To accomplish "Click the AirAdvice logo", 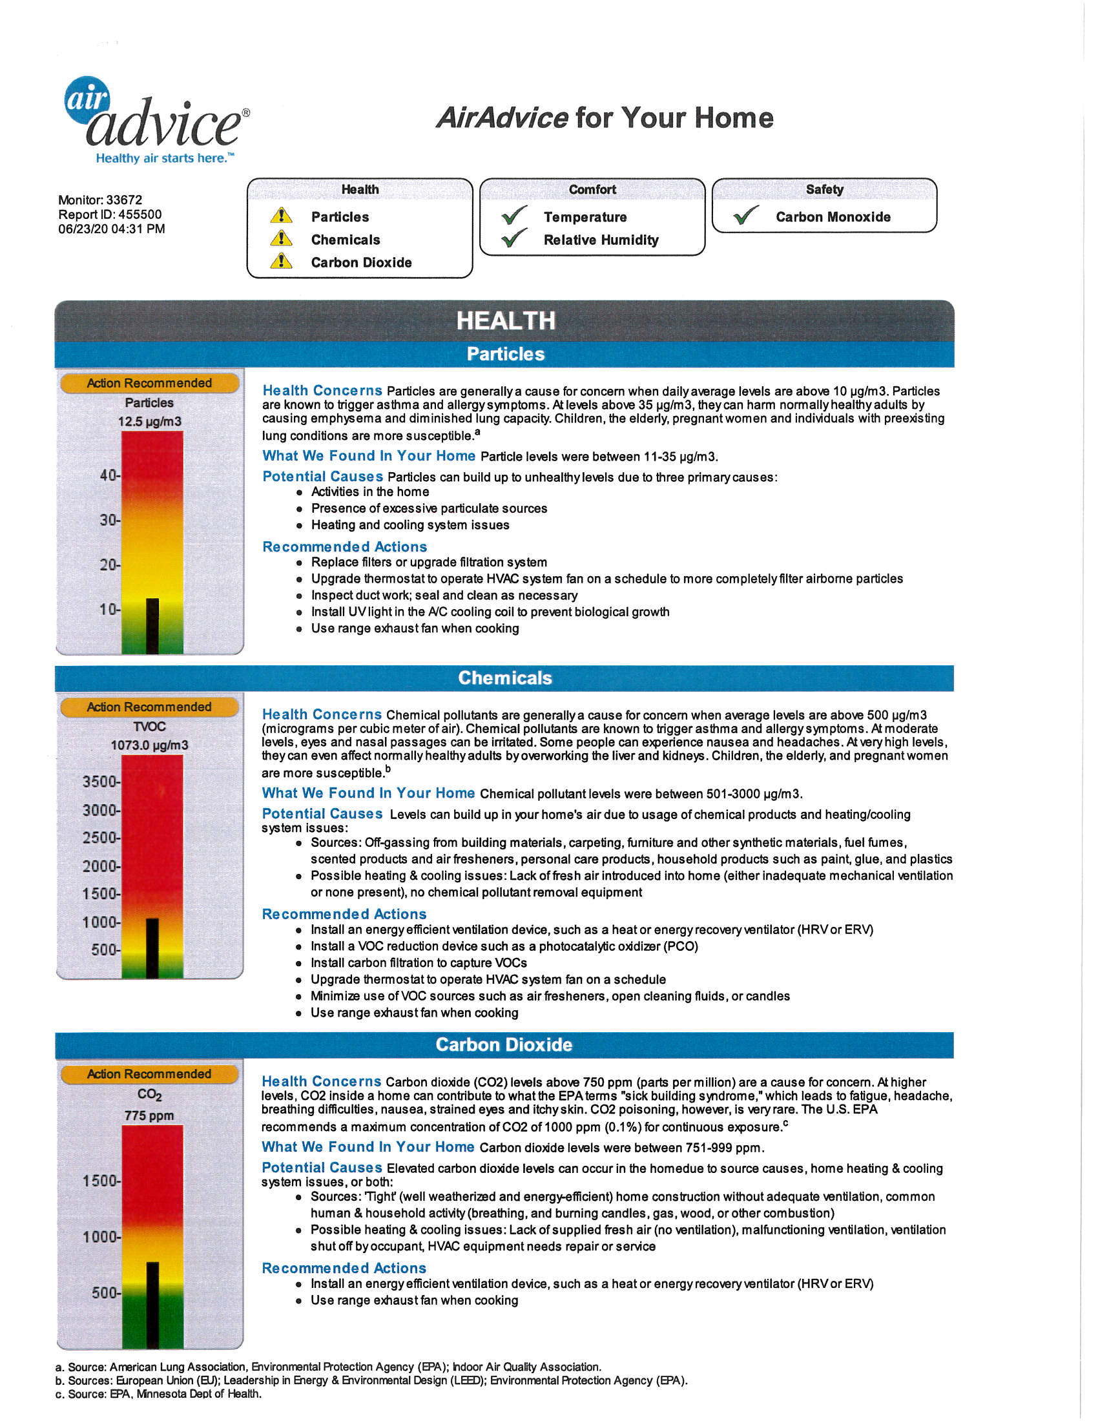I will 156,120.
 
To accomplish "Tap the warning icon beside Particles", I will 281,215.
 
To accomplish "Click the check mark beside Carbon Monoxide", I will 746,215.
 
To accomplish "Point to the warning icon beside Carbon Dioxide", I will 281,262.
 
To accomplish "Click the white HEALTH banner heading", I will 506,321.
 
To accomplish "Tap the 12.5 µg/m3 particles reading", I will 150,422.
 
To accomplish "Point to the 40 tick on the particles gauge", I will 110,475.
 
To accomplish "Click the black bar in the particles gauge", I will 152,626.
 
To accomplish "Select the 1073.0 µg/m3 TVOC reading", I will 150,745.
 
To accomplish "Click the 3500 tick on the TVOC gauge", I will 101,782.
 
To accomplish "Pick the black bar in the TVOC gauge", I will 152,948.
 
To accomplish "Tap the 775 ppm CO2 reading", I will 150,1115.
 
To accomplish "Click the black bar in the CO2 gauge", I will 152,1305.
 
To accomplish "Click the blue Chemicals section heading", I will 505,678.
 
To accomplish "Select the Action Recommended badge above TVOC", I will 149,707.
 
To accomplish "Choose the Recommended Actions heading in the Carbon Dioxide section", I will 344,1268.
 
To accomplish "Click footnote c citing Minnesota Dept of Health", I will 159,1394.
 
